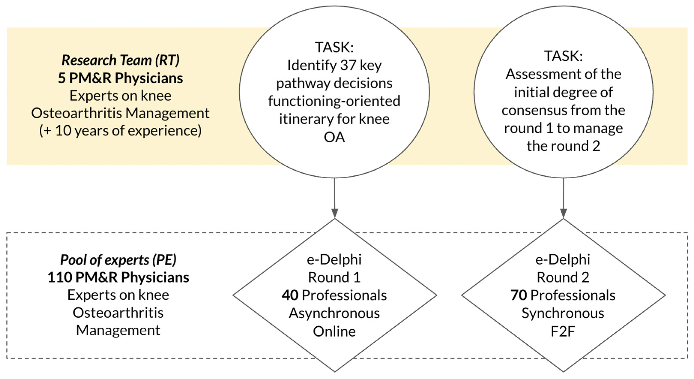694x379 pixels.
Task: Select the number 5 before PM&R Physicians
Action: (62, 78)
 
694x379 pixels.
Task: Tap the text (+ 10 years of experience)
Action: (120, 131)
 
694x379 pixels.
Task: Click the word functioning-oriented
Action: (334, 101)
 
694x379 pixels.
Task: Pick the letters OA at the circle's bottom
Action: (334, 137)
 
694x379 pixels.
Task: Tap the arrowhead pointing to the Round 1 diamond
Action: (335, 213)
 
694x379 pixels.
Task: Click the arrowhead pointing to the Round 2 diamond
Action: (563, 213)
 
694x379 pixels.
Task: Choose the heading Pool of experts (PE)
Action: (118, 260)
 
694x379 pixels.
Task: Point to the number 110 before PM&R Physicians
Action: (60, 278)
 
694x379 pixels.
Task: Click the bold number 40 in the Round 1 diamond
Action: (290, 295)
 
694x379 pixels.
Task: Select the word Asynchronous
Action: (334, 313)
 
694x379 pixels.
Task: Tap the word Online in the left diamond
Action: (334, 331)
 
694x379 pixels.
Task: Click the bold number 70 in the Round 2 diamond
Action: (519, 295)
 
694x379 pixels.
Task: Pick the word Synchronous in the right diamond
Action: (563, 313)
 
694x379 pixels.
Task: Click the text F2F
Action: (563, 331)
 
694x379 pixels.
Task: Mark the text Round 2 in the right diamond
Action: (563, 278)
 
